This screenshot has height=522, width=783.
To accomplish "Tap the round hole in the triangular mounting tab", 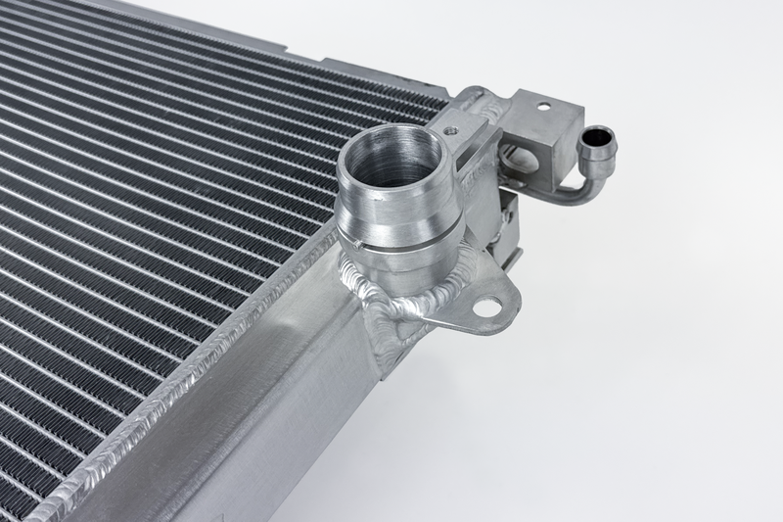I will [484, 308].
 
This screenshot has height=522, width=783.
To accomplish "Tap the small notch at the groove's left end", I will [361, 246].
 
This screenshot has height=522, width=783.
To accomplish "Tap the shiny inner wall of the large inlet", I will [416, 166].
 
